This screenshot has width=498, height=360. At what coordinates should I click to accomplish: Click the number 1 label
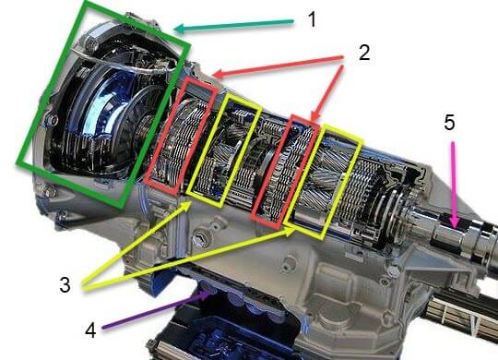[313, 19]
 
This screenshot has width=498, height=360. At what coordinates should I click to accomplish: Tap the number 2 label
[364, 53]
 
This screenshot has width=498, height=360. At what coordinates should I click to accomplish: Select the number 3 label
[65, 285]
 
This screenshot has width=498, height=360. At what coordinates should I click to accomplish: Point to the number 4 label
[90, 330]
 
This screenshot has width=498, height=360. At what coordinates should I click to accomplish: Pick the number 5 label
[449, 123]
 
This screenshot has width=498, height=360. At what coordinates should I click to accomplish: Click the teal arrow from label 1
[233, 26]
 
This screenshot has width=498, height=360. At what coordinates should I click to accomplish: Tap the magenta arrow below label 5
[455, 186]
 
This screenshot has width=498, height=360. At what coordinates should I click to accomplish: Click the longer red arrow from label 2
[278, 66]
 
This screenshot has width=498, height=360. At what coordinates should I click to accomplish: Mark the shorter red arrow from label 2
[327, 93]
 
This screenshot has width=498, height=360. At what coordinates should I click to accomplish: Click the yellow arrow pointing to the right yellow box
[189, 258]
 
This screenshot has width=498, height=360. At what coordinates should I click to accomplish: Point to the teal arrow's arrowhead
[180, 29]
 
